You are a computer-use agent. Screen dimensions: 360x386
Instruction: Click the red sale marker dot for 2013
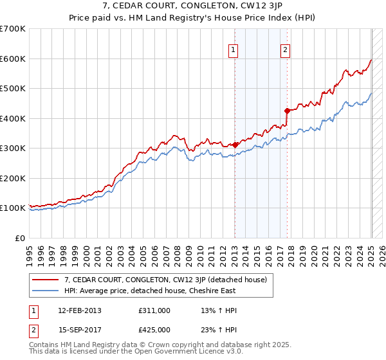[x=235, y=145]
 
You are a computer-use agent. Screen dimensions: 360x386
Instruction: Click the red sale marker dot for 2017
[x=287, y=111]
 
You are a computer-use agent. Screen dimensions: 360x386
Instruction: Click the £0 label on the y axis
[x=21, y=238]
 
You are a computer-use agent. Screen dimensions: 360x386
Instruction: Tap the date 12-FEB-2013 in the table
[x=80, y=310]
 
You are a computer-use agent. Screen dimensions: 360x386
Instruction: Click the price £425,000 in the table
[x=154, y=330]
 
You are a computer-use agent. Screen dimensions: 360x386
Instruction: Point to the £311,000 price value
[x=154, y=310]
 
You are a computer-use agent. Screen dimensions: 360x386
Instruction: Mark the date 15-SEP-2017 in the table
[x=80, y=330]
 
